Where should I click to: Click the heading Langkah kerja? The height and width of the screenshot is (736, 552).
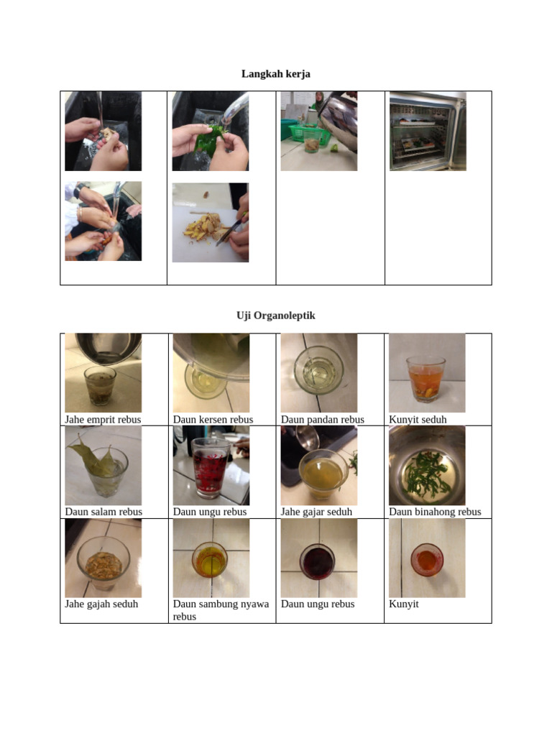275,74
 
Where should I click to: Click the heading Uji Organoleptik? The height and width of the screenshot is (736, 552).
275,316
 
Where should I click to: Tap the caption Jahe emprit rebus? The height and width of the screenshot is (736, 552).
103,420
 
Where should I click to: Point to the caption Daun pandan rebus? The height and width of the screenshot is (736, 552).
322,420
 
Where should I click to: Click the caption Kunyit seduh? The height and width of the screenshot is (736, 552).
418,420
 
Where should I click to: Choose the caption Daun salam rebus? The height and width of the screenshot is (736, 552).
103,512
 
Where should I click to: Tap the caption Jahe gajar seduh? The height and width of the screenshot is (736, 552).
316,512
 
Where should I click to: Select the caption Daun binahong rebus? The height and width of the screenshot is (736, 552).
435,512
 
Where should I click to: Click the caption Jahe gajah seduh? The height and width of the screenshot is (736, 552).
101,604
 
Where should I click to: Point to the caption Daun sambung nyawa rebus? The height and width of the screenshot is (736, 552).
221,609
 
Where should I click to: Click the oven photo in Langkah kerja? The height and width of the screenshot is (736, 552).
428,131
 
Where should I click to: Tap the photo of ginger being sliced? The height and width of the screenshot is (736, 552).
211,222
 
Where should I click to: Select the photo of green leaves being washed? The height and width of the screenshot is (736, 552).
211,131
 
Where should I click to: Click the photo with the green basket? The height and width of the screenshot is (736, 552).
318,131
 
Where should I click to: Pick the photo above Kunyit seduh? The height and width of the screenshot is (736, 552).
427,373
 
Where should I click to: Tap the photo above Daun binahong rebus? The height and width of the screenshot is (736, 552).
427,466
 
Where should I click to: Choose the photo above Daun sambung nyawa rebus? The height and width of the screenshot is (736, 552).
211,558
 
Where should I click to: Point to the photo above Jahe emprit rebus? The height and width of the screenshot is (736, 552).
103,373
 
